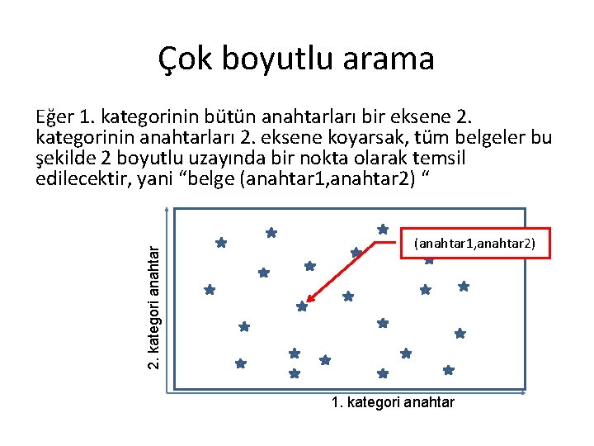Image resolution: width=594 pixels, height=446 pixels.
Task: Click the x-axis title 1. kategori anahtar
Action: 392,402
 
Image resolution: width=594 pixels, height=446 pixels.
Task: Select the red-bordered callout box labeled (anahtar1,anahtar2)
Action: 474,243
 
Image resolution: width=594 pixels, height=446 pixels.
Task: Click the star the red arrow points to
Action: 302,306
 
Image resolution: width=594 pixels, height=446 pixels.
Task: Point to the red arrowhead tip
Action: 305,302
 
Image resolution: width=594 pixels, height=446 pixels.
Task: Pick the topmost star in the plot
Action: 383,229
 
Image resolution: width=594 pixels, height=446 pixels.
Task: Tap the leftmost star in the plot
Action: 210,290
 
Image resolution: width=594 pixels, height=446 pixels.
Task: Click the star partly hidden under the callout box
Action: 429,260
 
